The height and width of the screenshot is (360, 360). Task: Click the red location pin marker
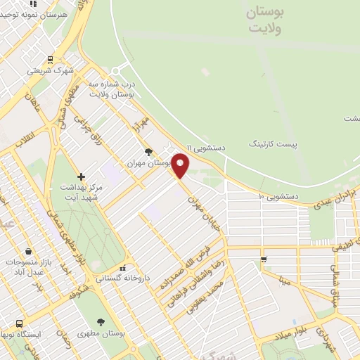[x=181, y=165]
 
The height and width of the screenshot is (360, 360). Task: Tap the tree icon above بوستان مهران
[x=148, y=151]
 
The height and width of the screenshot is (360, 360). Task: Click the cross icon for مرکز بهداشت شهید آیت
[x=82, y=176]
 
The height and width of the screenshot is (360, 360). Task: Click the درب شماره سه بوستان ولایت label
[x=111, y=88]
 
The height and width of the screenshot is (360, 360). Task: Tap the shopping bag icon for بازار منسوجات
[x=28, y=251]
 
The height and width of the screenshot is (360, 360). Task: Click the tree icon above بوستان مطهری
[x=101, y=321]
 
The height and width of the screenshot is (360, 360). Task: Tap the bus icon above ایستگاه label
[x=19, y=323]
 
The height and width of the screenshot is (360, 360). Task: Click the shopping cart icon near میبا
[x=264, y=259]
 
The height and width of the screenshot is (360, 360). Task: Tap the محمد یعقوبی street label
[x=210, y=295]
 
